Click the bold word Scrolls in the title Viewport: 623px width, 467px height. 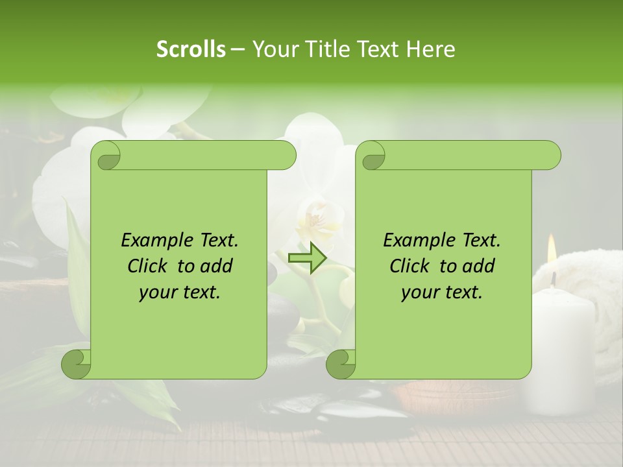[x=191, y=49]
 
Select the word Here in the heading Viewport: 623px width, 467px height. [x=430, y=49]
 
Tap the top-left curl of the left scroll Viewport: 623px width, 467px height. [x=106, y=156]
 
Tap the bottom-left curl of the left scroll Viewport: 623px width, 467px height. [x=77, y=364]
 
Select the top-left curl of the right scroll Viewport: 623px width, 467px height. [x=373, y=156]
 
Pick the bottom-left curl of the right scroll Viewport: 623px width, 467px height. [x=341, y=364]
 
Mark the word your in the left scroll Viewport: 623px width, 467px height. [x=158, y=293]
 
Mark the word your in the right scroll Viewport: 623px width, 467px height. [x=420, y=293]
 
